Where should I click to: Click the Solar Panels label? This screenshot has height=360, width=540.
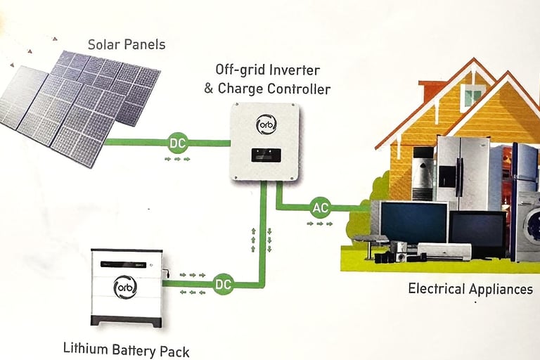127,44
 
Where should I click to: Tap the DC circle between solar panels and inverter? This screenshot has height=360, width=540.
178,143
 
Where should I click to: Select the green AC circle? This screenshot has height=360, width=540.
321,207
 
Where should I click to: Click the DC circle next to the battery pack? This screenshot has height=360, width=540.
223,284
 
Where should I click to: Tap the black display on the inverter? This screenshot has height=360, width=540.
266,153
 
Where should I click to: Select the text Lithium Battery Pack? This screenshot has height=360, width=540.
126,348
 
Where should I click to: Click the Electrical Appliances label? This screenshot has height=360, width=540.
470,289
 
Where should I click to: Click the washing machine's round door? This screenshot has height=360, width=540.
532,224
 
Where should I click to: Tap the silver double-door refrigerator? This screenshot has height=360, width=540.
461,172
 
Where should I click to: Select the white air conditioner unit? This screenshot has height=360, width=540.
444,250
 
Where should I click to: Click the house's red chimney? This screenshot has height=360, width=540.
431,89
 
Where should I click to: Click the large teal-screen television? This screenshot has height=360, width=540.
413,222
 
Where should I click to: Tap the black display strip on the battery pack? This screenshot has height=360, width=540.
127,264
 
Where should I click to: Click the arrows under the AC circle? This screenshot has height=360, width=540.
320,224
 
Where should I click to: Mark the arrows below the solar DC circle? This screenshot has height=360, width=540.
177,159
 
